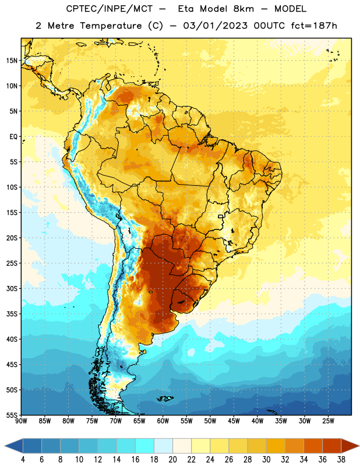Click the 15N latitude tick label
pos(12,61)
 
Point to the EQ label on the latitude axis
pos(13,137)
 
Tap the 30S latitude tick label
pos(12,288)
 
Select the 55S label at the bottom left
pos(12,415)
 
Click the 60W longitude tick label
pos(163,421)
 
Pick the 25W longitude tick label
pos(328,421)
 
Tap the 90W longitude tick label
pos(21,421)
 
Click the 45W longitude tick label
pos(234,421)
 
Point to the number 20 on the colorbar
pos(172,460)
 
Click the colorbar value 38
pos(341,460)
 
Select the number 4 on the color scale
pos(23,460)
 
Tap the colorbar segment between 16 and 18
pos(145,446)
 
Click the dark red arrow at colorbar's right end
pos(349,446)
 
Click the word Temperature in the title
pos(111,26)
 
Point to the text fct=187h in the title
pos(314,26)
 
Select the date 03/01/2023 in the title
pos(215,26)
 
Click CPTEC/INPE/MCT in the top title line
pos(110,9)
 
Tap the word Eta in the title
pos(186,9)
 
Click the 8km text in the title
pos(243,9)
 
